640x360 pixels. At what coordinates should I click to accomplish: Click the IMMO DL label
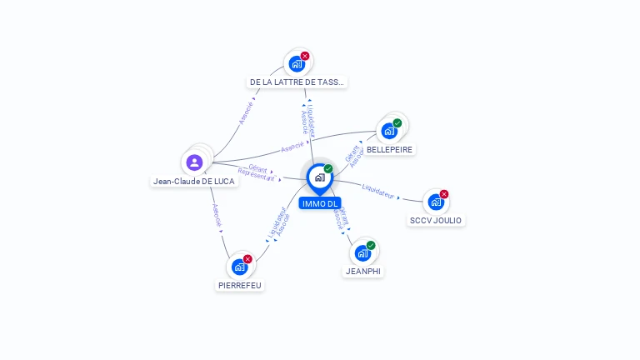320,203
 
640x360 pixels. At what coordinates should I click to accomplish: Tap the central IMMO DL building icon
319,177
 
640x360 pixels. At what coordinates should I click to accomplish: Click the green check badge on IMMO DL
328,169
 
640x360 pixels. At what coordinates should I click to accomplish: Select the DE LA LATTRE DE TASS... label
297,82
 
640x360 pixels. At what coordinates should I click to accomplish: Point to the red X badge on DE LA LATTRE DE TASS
305,56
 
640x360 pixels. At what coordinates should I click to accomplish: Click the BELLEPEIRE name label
389,150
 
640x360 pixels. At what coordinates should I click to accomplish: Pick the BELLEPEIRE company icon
388,132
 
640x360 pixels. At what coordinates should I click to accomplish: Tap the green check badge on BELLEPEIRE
397,123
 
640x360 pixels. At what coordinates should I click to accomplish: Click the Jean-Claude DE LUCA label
194,181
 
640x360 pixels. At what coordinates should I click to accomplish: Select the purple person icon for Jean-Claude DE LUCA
194,162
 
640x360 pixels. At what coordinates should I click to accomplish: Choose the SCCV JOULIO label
436,221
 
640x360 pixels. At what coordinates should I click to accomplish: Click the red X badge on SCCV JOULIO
444,194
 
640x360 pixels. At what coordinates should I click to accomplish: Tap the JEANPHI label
363,272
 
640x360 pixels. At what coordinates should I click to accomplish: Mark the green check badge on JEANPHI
371,245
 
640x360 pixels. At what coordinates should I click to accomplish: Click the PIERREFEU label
240,285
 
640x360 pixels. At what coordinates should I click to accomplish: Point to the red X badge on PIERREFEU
247,259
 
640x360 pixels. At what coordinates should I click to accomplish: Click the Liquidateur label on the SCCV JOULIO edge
377,191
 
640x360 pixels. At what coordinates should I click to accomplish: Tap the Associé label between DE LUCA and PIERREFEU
217,216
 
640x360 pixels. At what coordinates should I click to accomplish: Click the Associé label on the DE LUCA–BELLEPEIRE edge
292,147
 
